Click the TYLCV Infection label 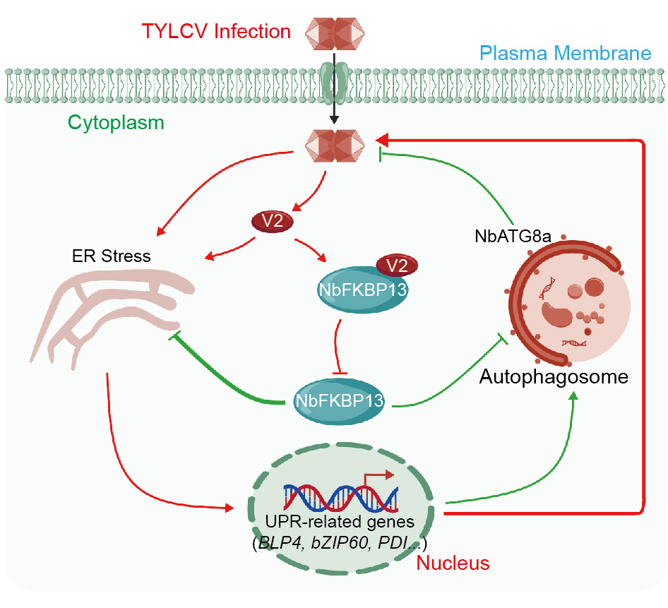216,32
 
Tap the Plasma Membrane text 564,53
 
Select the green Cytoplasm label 116,122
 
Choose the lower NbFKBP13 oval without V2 339,400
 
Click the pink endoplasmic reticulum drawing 113,311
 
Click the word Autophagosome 554,376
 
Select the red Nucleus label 453,563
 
